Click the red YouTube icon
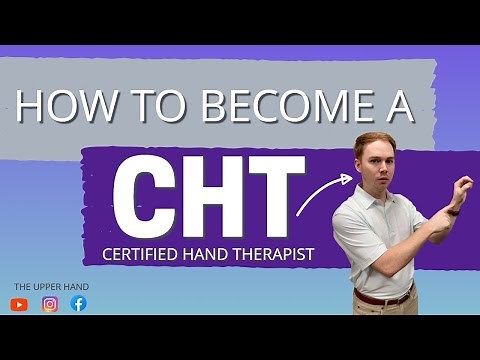[x=19, y=305]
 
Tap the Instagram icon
[x=50, y=305]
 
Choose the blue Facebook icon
[x=79, y=305]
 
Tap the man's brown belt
[x=383, y=298]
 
